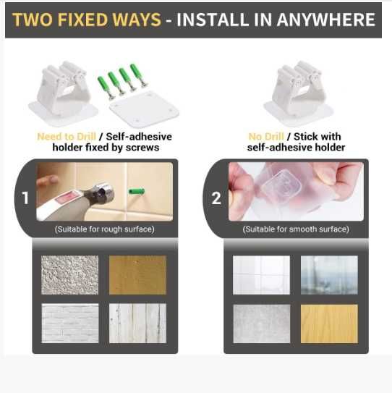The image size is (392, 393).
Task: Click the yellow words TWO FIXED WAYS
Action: pyautogui.click(x=86, y=20)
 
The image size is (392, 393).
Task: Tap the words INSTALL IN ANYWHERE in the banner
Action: pyautogui.click(x=276, y=20)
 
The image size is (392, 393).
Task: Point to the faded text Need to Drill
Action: pyautogui.click(x=67, y=137)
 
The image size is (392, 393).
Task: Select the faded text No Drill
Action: pyautogui.click(x=266, y=137)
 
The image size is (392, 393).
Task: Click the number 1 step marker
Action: pyautogui.click(x=25, y=198)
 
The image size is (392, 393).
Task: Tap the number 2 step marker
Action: pyautogui.click(x=216, y=198)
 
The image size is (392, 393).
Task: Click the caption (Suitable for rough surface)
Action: pyautogui.click(x=105, y=229)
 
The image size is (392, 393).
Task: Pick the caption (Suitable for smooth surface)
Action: pyautogui.click(x=296, y=229)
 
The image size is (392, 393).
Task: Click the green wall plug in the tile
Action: pyautogui.click(x=137, y=192)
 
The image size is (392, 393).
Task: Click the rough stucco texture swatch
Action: pyautogui.click(x=70, y=275)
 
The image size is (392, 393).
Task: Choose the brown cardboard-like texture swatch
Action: pyautogui.click(x=137, y=275)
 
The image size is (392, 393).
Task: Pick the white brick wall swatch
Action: pyautogui.click(x=70, y=324)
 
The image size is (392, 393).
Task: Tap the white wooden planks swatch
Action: pyautogui.click(x=137, y=324)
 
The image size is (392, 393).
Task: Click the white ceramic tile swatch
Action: pyautogui.click(x=261, y=275)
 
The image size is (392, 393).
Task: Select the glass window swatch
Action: pyautogui.click(x=329, y=275)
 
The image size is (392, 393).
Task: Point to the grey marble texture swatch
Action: pyautogui.click(x=262, y=324)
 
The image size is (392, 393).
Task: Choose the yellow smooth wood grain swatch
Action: pyautogui.click(x=329, y=324)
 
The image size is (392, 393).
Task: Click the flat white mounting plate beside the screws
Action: pyautogui.click(x=145, y=109)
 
